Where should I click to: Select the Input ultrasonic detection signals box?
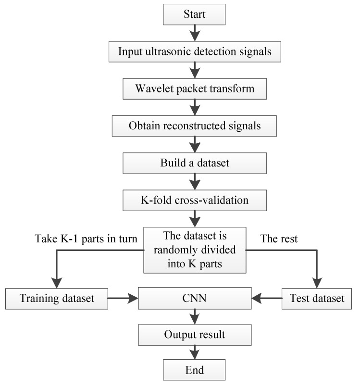click(x=194, y=51)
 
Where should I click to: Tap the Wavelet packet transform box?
click(x=194, y=89)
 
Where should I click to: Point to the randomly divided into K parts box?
click(x=194, y=250)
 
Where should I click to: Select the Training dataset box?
click(x=56, y=298)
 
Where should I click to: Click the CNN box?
click(x=194, y=298)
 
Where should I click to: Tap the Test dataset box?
click(x=317, y=298)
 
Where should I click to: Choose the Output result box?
click(x=194, y=334)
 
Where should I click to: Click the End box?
click(x=194, y=370)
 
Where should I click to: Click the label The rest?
click(x=279, y=238)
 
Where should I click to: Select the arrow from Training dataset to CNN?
click(x=122, y=299)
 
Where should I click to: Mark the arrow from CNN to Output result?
click(x=194, y=316)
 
